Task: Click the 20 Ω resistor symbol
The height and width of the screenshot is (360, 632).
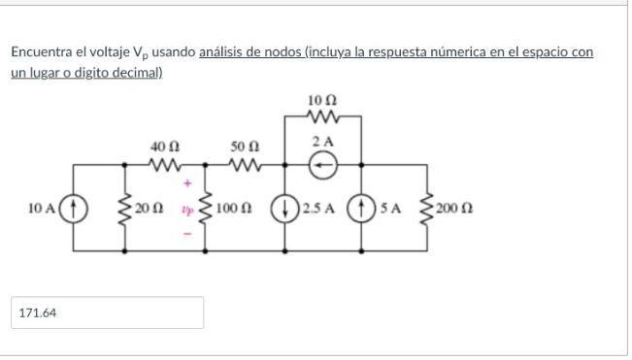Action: click(x=125, y=208)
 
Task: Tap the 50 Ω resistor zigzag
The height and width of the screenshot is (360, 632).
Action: click(x=243, y=164)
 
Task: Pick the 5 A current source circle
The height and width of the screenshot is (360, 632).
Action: click(x=361, y=208)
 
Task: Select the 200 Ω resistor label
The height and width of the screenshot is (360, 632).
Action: click(x=453, y=209)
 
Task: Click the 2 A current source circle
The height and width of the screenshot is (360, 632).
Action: click(x=321, y=166)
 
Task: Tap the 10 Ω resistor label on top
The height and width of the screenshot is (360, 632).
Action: click(x=321, y=100)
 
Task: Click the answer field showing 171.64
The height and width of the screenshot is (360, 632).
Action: click(x=107, y=312)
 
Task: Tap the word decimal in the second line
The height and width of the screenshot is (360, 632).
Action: click(x=136, y=73)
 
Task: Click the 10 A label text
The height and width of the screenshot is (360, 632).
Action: click(x=43, y=208)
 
